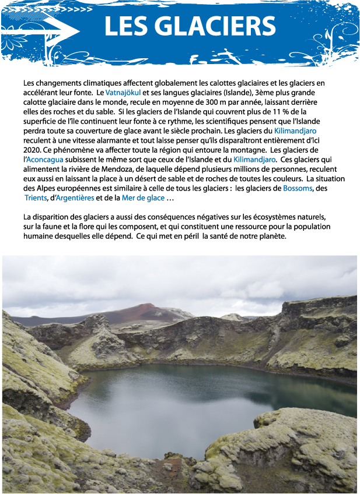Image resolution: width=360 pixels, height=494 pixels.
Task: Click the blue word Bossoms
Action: [x=298, y=188]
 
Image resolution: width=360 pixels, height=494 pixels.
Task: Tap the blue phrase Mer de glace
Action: [x=143, y=197]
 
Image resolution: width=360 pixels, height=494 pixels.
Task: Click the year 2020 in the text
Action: [x=33, y=150]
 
